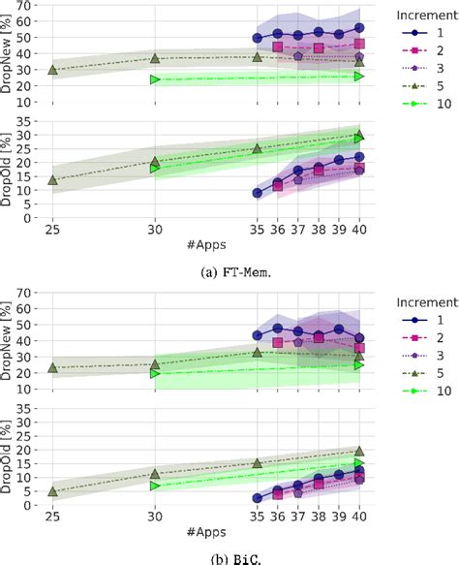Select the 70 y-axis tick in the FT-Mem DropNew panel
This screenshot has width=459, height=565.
tap(29, 6)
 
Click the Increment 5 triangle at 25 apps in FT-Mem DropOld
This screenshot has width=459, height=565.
tap(52, 180)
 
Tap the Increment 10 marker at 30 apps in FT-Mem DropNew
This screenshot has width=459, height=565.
tap(155, 79)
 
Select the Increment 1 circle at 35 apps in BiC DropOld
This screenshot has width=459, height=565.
tap(258, 498)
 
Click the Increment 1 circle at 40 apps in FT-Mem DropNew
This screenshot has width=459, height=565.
tap(360, 28)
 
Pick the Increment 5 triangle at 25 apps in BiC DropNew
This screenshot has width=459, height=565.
tap(52, 367)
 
